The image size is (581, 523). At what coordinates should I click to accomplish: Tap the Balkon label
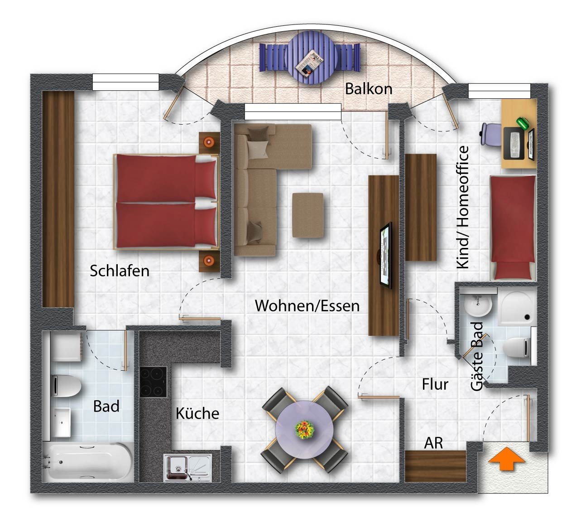(x=369, y=89)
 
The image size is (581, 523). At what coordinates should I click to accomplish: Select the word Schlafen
(x=120, y=271)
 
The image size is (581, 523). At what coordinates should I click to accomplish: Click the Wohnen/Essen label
(x=307, y=306)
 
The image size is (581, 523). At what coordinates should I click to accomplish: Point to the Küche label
(x=197, y=413)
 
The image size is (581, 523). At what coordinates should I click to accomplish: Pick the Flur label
(x=435, y=384)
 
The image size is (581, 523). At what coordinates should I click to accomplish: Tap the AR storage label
(x=433, y=443)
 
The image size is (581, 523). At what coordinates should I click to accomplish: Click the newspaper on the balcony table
(x=309, y=63)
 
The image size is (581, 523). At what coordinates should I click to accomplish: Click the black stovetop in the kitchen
(x=153, y=382)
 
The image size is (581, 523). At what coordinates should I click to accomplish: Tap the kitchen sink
(x=187, y=468)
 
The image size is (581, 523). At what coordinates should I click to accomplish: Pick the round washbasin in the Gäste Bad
(x=478, y=305)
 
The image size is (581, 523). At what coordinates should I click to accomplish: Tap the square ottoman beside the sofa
(x=307, y=215)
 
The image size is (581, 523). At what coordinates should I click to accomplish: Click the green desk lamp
(x=523, y=123)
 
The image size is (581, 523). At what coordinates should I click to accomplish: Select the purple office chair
(x=491, y=134)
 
